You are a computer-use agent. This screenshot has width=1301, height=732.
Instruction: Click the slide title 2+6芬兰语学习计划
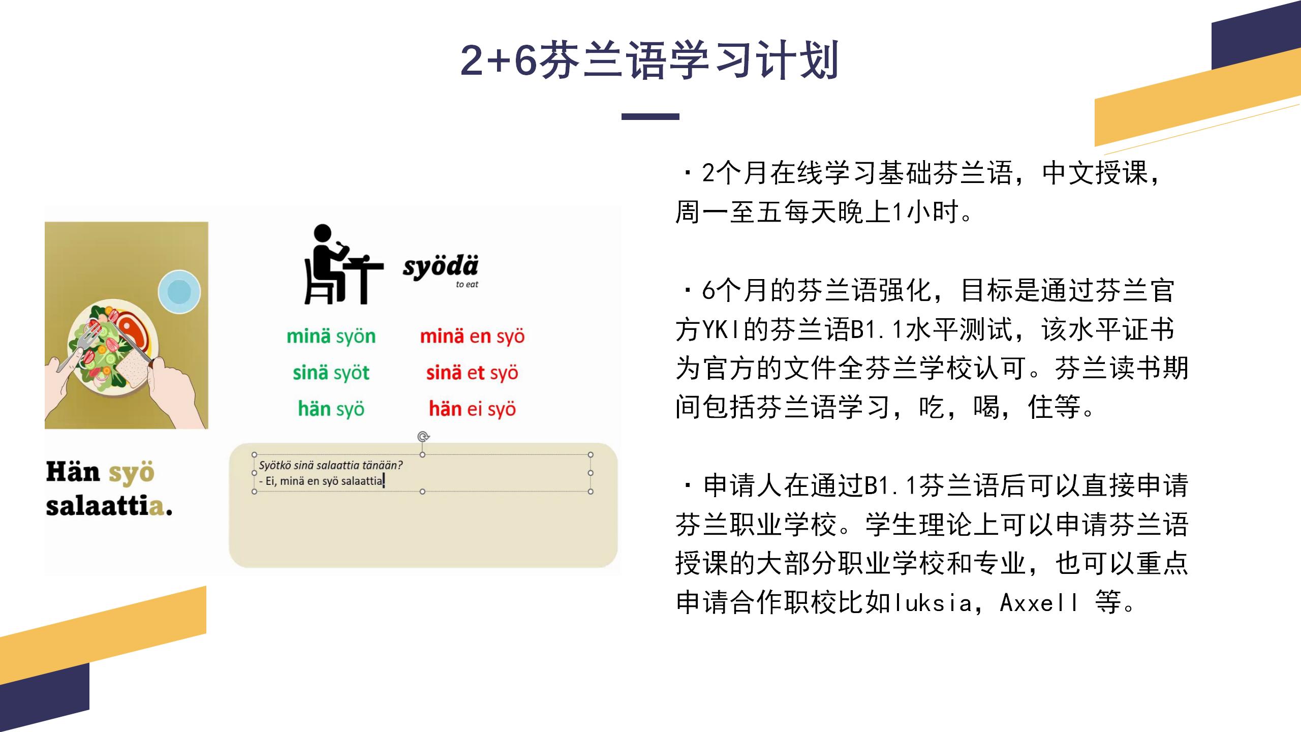(649, 60)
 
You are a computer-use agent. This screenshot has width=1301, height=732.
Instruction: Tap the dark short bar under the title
(650, 116)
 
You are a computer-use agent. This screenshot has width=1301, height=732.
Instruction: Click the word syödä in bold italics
(441, 267)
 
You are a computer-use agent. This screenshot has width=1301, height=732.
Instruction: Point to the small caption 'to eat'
(467, 285)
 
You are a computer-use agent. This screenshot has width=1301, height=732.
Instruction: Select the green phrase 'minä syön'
(331, 336)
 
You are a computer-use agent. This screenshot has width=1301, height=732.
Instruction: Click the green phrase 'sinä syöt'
(331, 373)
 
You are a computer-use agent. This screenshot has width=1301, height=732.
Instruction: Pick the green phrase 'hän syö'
(331, 409)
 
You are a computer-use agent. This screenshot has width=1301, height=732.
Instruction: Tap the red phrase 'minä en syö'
(472, 336)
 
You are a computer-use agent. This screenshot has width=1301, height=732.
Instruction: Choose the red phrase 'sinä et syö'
(472, 373)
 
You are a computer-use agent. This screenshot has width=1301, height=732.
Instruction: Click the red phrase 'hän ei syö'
(472, 409)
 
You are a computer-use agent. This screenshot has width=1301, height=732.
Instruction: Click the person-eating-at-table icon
(343, 264)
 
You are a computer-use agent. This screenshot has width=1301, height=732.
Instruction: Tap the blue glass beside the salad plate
(179, 292)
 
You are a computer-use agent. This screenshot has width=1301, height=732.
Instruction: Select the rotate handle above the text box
(423, 436)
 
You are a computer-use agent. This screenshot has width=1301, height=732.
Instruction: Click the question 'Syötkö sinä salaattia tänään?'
(331, 465)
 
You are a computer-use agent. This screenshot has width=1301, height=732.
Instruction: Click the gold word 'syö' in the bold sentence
(131, 473)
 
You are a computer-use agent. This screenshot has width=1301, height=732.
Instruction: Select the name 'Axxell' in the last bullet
(1039, 603)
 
